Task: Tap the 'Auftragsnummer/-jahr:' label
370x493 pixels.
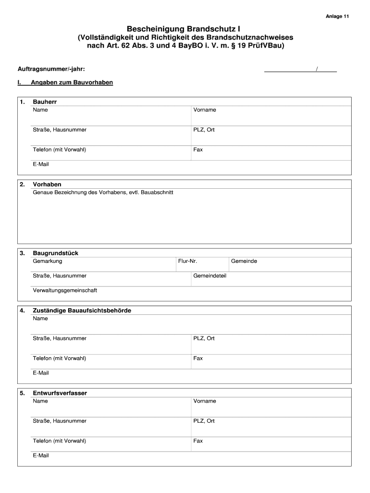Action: pos(51,70)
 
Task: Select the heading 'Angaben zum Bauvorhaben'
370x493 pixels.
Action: pos(72,82)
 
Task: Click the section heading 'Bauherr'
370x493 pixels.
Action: pos(48,102)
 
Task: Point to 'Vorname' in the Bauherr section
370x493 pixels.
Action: pos(205,110)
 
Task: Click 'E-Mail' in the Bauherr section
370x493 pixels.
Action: pos(41,164)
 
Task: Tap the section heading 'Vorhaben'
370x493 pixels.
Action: pos(47,184)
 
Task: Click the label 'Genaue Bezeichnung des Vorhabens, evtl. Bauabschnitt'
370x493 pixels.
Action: pos(103,192)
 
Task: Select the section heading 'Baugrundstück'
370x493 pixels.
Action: pos(56,253)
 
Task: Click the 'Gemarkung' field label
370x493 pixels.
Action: pos(48,261)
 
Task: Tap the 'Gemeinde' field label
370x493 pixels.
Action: pos(244,261)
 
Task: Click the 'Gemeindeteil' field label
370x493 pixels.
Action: pos(210,276)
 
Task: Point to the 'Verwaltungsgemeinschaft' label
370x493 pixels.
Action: pos(65,290)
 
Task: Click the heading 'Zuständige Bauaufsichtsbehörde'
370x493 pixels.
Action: pos(82,311)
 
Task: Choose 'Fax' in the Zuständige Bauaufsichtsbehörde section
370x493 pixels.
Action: pos(198,358)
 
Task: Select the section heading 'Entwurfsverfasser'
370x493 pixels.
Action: pos(60,393)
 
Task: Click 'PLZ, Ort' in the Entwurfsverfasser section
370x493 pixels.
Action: pos(204,421)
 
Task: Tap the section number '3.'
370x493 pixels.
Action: pos(23,253)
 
